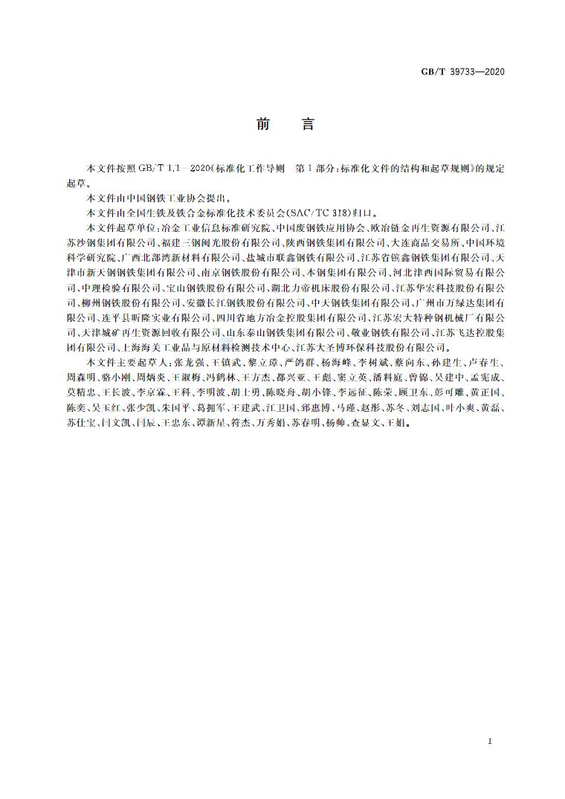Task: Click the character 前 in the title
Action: [x=264, y=124]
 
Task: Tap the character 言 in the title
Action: [x=307, y=124]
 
